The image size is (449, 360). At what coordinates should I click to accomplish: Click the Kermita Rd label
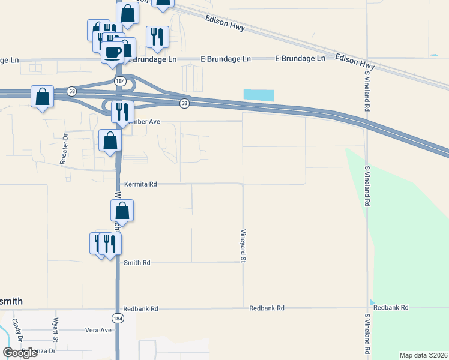(x=140, y=184)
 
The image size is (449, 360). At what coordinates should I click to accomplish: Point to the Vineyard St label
(x=244, y=245)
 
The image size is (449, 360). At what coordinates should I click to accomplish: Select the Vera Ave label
(x=98, y=330)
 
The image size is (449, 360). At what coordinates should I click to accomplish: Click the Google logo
(x=20, y=353)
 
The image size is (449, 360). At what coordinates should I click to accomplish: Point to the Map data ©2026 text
(x=423, y=355)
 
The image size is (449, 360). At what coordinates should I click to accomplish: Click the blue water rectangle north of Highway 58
(x=259, y=95)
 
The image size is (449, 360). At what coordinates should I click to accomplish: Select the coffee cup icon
(x=112, y=52)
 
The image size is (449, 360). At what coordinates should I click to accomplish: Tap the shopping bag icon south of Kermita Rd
(x=122, y=211)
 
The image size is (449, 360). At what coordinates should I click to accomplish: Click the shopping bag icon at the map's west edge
(x=42, y=96)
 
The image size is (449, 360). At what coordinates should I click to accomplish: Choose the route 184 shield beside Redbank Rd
(x=118, y=317)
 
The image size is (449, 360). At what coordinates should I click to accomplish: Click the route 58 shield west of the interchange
(x=71, y=90)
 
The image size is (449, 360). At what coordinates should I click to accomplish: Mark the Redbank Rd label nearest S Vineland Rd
(x=390, y=307)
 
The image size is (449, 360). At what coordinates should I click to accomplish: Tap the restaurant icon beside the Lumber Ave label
(x=122, y=112)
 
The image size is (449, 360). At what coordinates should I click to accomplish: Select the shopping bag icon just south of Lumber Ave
(x=110, y=140)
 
